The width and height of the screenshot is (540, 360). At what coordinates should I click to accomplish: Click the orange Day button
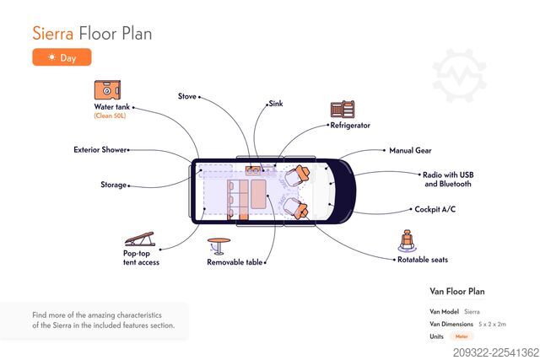click(62, 57)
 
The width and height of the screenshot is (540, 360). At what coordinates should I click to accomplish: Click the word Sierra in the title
click(52, 34)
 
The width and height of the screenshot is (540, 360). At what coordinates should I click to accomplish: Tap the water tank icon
click(107, 90)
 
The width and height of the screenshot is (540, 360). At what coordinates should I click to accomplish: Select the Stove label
click(187, 96)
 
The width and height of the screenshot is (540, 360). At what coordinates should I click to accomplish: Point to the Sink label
click(276, 103)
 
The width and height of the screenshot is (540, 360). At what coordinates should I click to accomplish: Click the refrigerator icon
click(343, 109)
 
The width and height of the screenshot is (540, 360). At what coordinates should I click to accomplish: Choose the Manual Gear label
click(410, 150)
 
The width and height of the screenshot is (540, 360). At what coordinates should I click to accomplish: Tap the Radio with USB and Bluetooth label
click(448, 180)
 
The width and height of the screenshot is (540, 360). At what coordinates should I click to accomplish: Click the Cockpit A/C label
click(435, 209)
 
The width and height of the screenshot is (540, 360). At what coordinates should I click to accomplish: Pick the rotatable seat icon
click(407, 240)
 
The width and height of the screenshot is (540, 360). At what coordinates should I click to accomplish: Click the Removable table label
click(235, 262)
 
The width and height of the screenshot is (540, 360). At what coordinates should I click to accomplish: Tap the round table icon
click(219, 246)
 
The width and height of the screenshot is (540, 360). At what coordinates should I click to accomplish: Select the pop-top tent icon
click(140, 239)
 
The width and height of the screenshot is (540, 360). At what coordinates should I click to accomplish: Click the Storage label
click(114, 185)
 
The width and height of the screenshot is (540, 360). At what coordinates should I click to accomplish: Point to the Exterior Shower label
click(100, 150)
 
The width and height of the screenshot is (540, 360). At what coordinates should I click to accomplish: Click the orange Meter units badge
click(462, 336)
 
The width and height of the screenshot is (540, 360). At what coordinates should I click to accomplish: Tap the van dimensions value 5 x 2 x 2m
click(492, 325)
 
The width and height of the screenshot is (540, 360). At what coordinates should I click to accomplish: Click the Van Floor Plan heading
click(457, 292)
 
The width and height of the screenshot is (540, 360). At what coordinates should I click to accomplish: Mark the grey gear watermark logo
click(459, 76)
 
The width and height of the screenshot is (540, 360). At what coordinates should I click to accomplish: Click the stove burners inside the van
click(253, 170)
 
